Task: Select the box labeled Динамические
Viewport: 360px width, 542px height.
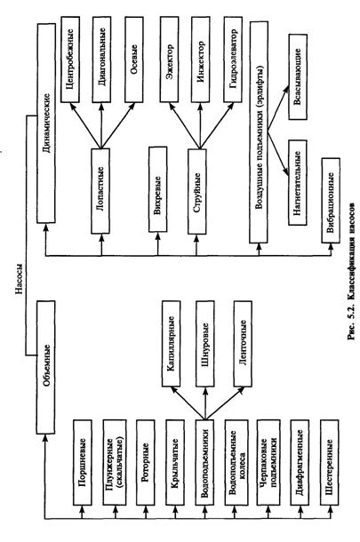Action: pos(46,124)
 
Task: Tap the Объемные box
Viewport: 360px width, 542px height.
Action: pos(45,367)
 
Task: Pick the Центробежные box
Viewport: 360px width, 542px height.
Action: pos(70,60)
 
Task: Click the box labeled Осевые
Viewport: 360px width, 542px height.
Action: pos(134,60)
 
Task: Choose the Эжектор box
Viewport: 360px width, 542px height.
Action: pos(170,60)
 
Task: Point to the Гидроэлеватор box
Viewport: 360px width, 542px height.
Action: pos(233,60)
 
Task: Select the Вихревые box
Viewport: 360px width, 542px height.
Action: pos(158,189)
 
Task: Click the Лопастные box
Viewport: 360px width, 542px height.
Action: pos(100,191)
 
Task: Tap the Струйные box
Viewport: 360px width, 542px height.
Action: pos(197,191)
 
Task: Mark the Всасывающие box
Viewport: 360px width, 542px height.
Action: pos(298,76)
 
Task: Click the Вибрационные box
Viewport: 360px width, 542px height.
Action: pos(331,201)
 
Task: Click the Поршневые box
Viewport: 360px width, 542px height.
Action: pos(83,463)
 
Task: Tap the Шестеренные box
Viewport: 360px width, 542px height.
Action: pos(330,463)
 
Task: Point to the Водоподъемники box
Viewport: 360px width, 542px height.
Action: pos(204,463)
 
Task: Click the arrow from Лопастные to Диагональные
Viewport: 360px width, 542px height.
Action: pos(101,125)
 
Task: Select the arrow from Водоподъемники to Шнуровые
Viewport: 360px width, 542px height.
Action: pos(205,403)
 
